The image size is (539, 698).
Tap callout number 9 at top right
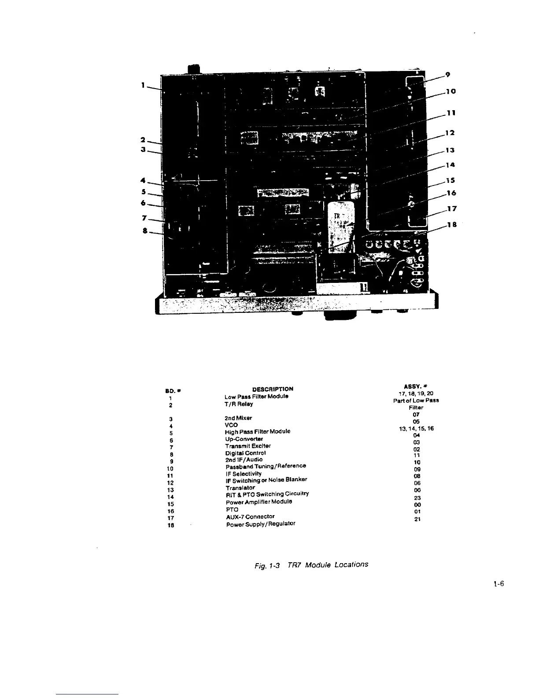coord(447,75)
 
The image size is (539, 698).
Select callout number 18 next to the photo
coord(451,225)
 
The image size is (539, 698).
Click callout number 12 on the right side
coord(450,133)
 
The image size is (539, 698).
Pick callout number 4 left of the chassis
coord(143,180)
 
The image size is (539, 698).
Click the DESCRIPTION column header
coord(273,389)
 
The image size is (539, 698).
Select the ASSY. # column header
coord(416,386)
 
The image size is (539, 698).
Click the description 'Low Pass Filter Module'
coord(256,396)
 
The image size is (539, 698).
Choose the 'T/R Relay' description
coord(239,404)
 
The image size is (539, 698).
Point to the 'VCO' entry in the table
coord(231,425)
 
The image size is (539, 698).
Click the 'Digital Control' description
coord(245,453)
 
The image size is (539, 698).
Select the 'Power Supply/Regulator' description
coord(261,524)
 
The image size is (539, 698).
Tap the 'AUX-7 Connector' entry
coord(250,516)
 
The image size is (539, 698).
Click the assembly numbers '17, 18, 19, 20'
coord(416,394)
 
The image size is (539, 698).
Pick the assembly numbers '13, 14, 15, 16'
coord(416,428)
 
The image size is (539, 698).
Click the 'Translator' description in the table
coord(240,488)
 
